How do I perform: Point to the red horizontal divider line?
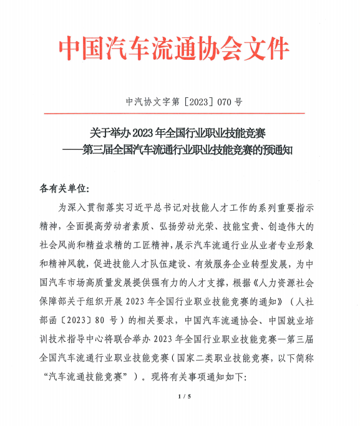pos(180,114)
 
